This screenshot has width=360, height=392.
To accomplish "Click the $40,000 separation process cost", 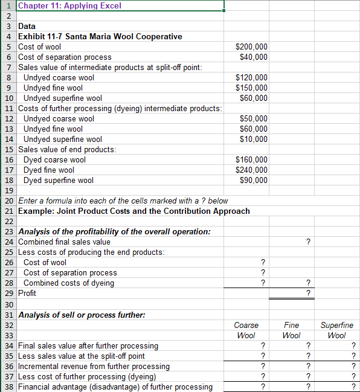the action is coord(254,57).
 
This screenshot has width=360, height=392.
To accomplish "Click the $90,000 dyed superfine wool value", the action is coord(254,180).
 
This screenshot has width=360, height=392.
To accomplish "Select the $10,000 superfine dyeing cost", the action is coord(254,139).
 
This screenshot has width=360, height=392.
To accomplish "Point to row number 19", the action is coord(8,190).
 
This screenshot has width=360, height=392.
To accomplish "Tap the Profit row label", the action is coord(27,293).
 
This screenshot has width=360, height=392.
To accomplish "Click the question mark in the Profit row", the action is coord(308,294).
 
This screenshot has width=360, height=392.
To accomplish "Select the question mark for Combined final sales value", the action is coord(308,242).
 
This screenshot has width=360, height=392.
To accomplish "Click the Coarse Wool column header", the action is coord(246,330).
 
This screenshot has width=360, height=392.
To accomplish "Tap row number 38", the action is coord(8,387).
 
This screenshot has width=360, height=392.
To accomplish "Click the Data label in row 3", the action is coord(27,26).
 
